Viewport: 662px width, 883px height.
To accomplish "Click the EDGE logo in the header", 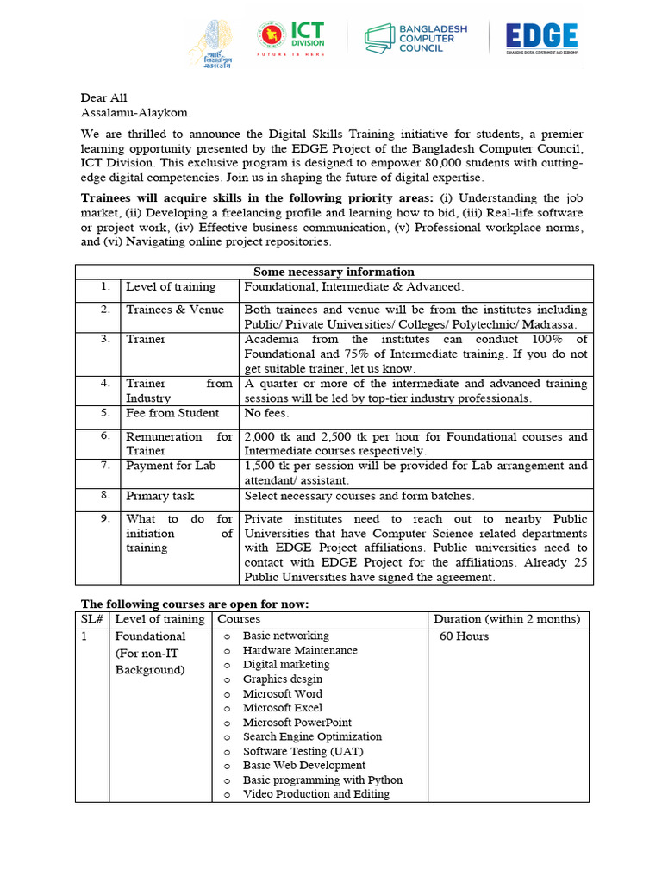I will [541, 38].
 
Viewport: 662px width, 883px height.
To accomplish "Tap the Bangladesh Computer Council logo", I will [416, 38].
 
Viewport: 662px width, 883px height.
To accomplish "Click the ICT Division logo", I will [296, 38].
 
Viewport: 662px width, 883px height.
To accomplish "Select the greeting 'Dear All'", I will [104, 97].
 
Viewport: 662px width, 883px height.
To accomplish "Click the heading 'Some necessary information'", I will [334, 272].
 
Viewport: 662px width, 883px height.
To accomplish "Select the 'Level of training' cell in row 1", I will [171, 286].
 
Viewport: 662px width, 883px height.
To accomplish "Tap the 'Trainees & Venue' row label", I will [175, 310].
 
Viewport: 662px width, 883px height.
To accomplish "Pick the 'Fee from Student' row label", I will [172, 413].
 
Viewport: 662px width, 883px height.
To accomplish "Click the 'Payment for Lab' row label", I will [172, 466].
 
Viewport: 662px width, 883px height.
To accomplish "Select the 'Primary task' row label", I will [160, 496].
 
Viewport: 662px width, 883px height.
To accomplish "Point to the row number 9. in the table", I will [104, 519].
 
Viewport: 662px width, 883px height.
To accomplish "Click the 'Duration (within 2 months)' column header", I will [508, 619].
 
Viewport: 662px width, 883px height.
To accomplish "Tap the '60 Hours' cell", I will [465, 636].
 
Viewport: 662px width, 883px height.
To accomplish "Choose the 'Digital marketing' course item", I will [286, 665].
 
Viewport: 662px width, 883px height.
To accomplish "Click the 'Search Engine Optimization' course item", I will [312, 736].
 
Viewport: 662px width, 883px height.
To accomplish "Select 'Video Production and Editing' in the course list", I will [315, 794].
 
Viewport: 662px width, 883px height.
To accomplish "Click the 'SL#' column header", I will [92, 619].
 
